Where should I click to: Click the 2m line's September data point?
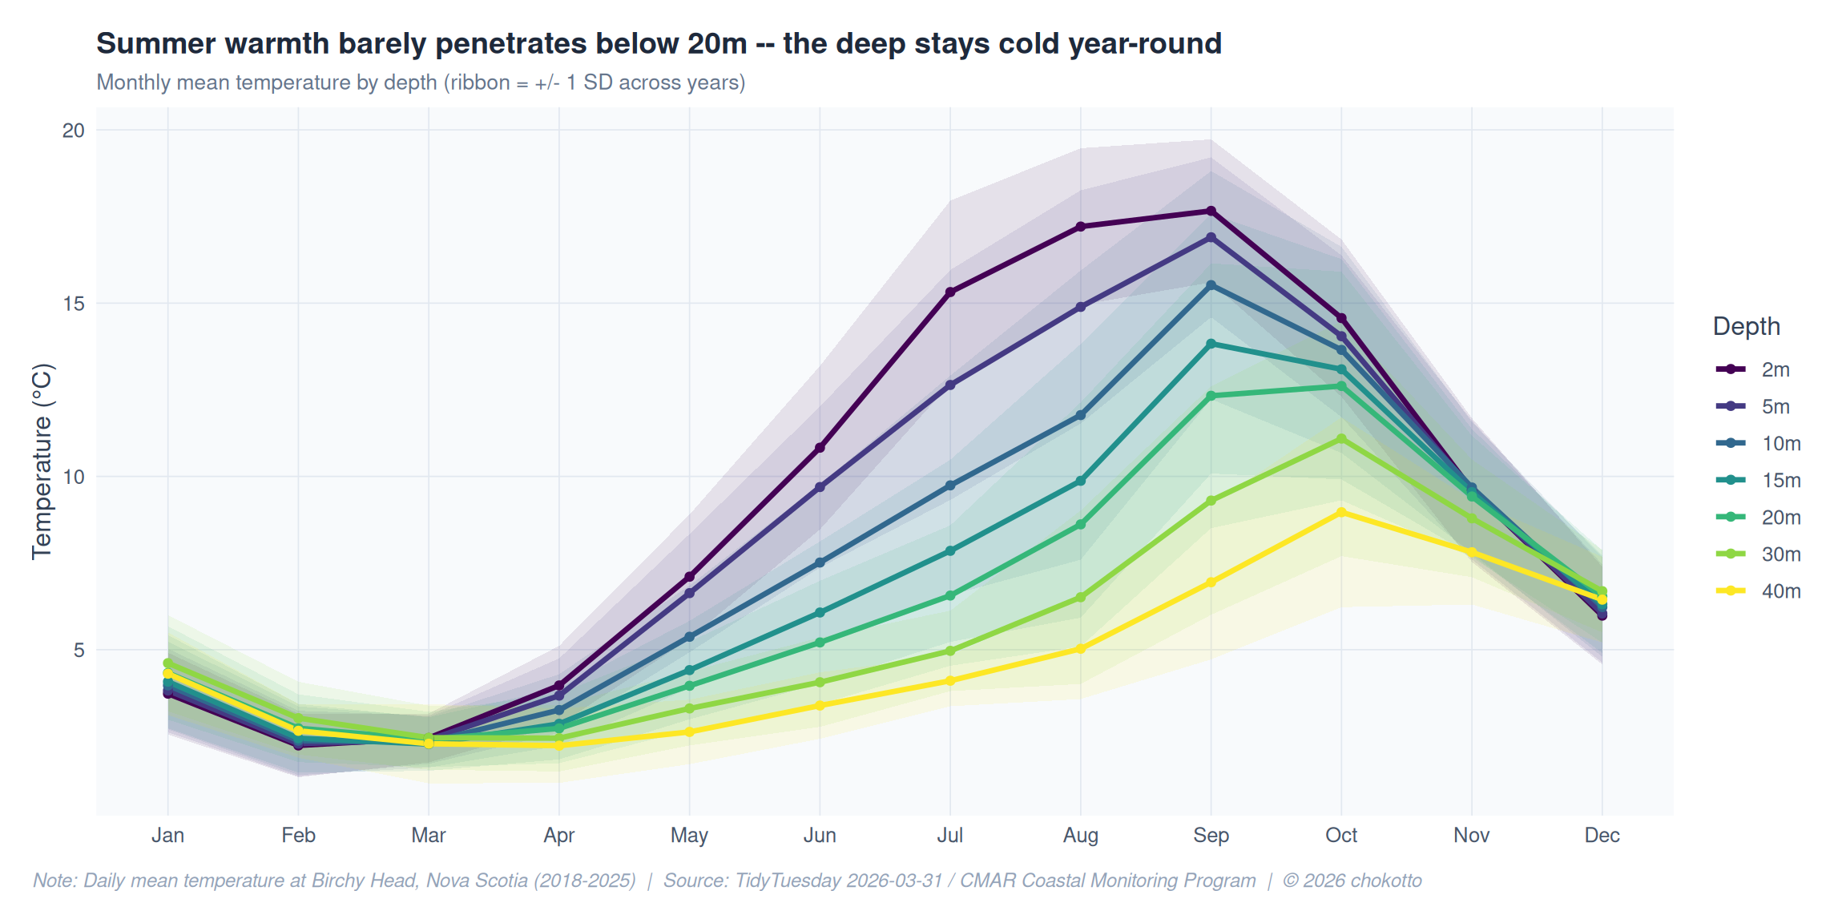tap(1211, 212)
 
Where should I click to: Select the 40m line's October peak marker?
tap(1341, 513)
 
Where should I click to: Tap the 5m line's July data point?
tap(950, 385)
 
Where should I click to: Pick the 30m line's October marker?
tap(1341, 439)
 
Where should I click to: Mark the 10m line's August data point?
tap(1080, 415)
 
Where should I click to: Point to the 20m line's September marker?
tap(1211, 396)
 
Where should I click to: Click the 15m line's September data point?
tap(1211, 344)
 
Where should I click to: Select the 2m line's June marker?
tap(820, 448)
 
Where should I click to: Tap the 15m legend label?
tap(1780, 481)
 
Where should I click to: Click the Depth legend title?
tap(1746, 327)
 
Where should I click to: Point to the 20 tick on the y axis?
tap(74, 131)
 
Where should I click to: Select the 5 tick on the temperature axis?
tap(79, 650)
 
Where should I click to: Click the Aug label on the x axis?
tap(1080, 836)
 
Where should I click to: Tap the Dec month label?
tap(1602, 836)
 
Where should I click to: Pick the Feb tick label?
tap(298, 836)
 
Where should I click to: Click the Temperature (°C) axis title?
tap(42, 461)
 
